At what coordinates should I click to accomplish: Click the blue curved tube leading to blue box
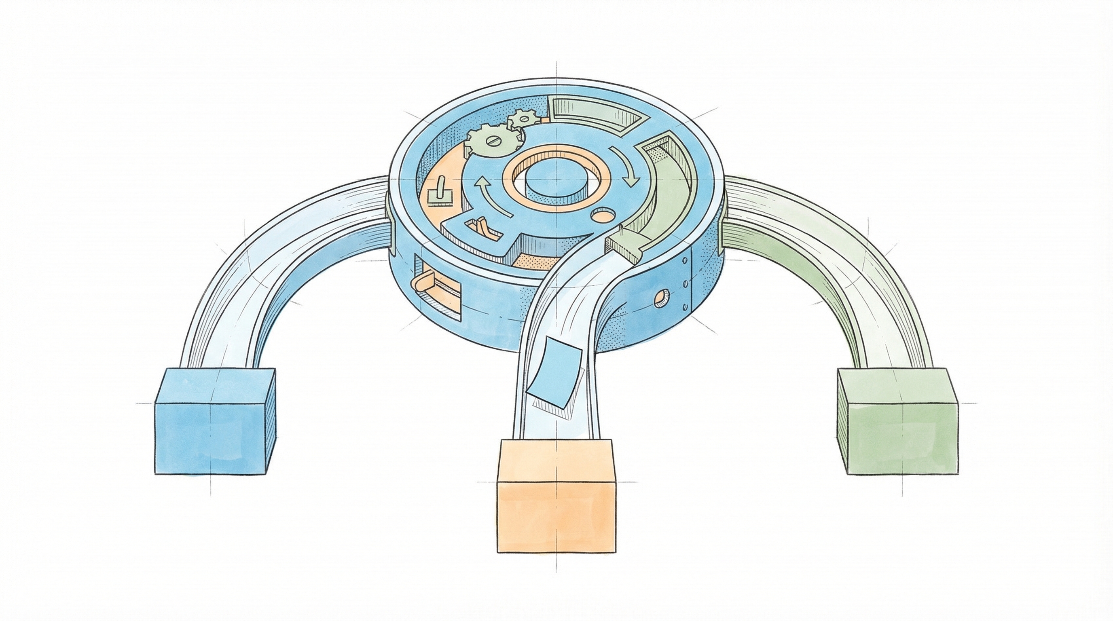(x=277, y=259)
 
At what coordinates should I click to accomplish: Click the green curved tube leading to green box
(x=847, y=259)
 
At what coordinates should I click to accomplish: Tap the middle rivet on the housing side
(x=684, y=283)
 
